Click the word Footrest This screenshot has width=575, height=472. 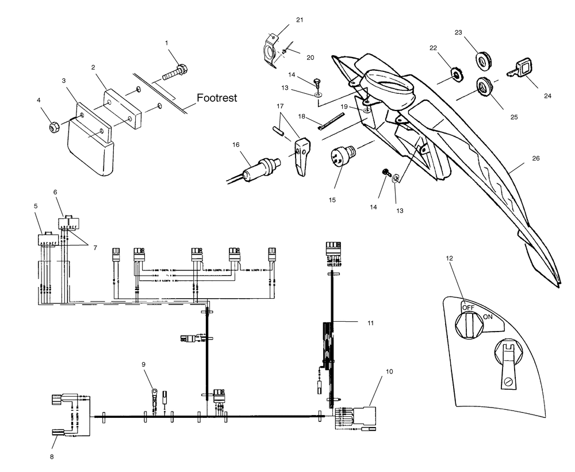(x=217, y=98)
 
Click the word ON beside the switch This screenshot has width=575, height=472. (x=488, y=317)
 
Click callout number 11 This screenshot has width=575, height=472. (x=370, y=323)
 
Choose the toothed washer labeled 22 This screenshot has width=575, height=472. (x=455, y=74)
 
